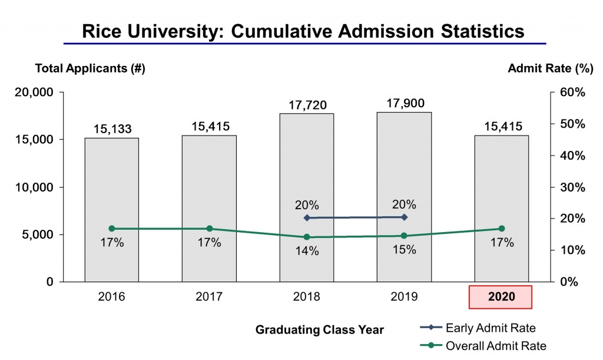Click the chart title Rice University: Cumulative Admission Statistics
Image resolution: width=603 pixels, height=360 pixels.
(303, 31)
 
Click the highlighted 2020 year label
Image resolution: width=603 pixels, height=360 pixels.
(501, 297)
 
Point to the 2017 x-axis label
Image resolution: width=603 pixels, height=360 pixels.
(209, 297)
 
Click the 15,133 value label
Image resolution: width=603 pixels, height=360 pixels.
(112, 128)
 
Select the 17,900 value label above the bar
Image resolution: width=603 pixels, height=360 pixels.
(404, 103)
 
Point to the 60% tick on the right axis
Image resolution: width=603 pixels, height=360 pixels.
(571, 93)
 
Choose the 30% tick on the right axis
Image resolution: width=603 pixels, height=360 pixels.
(571, 187)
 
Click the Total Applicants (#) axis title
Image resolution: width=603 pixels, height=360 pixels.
(90, 68)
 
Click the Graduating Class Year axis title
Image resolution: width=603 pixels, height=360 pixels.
(319, 330)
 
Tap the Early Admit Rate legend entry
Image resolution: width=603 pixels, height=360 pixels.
(477, 328)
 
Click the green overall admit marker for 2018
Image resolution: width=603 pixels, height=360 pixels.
(306, 237)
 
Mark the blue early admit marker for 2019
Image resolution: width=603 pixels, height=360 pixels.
(404, 217)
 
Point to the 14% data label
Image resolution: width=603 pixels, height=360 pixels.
(307, 251)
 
